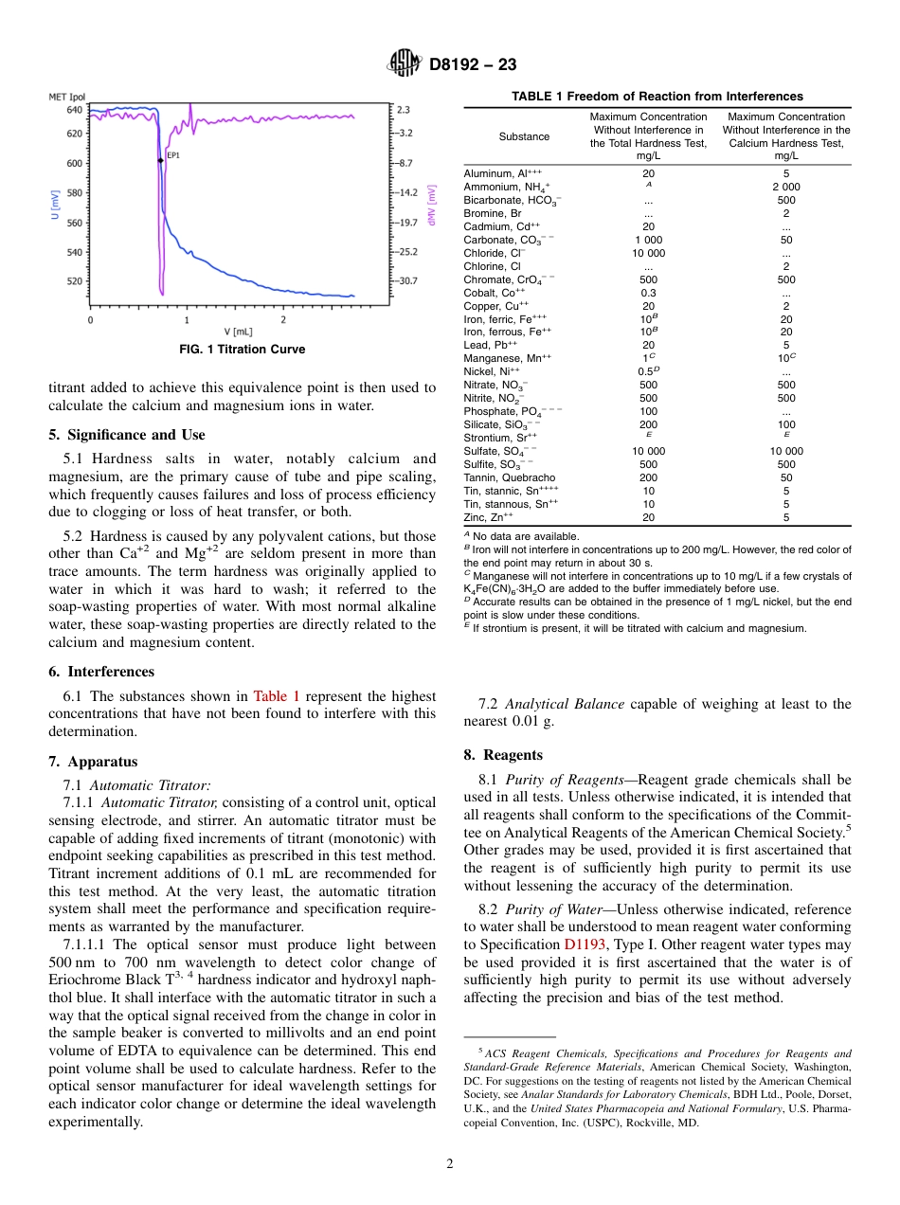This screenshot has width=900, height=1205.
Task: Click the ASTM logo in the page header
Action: pyautogui.click(x=405, y=64)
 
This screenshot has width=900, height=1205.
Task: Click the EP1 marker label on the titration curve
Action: pyautogui.click(x=173, y=154)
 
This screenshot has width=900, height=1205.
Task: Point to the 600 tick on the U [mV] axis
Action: pyautogui.click(x=73, y=163)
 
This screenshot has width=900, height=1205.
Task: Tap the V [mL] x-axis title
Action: pyautogui.click(x=238, y=332)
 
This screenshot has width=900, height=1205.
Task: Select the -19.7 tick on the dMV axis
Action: pyautogui.click(x=407, y=223)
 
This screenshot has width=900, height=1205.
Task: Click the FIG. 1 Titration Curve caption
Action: pyautogui.click(x=243, y=350)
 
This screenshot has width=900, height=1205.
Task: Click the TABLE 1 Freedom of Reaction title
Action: pyautogui.click(x=657, y=97)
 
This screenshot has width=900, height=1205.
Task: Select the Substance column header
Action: pyautogui.click(x=524, y=136)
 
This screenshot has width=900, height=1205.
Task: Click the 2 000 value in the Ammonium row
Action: pyautogui.click(x=785, y=187)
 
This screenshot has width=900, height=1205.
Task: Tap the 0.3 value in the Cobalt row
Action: pyautogui.click(x=648, y=293)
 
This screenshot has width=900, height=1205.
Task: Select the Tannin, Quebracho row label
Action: pyautogui.click(x=510, y=478)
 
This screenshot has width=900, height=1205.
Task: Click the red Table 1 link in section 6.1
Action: pyautogui.click(x=276, y=696)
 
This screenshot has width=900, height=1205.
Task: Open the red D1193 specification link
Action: pyautogui.click(x=587, y=945)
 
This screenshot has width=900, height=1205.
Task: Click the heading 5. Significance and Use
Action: pyautogui.click(x=126, y=435)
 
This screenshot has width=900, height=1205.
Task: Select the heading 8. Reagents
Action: pyautogui.click(x=503, y=755)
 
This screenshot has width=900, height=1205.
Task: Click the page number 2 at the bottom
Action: pyautogui.click(x=450, y=1164)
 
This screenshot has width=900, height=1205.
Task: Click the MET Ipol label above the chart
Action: pyautogui.click(x=67, y=97)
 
